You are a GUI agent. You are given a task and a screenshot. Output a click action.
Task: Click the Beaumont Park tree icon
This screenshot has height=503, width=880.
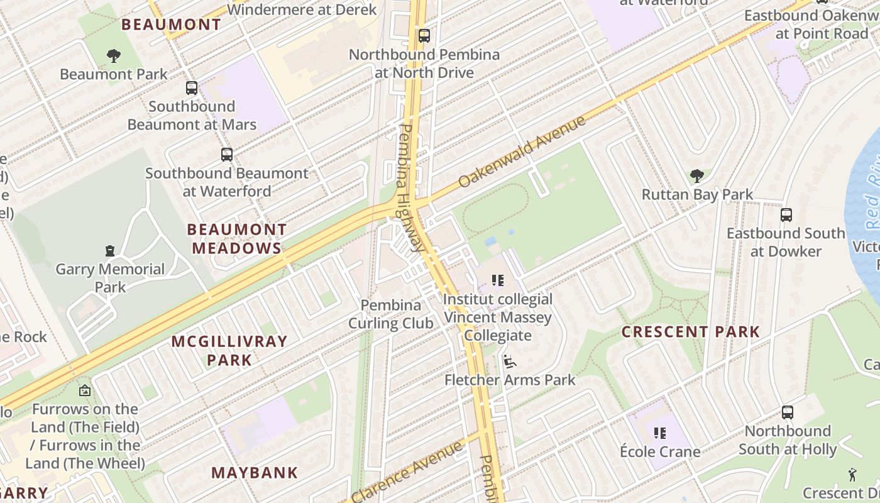click(x=113, y=56)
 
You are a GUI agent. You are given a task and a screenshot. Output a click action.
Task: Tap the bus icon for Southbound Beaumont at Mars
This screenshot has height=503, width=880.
click(x=192, y=88)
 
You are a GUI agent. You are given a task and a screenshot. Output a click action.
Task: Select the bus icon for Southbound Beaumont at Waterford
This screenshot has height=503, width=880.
click(x=227, y=155)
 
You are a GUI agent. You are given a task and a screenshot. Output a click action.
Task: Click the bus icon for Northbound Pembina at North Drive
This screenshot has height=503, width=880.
click(x=424, y=36)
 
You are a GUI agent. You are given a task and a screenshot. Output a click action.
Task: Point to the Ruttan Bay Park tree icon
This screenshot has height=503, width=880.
click(x=696, y=176)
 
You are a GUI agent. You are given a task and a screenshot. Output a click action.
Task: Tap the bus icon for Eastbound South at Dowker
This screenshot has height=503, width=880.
click(x=786, y=215)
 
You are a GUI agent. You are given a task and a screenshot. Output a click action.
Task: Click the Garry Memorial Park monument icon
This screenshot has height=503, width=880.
click(x=110, y=251)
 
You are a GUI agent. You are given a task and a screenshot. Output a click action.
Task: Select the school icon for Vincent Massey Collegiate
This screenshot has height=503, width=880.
click(x=498, y=280)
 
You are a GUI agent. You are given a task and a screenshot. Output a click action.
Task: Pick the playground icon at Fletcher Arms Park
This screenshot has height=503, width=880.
click(x=509, y=362)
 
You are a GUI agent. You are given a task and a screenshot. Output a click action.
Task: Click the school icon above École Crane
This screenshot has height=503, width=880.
click(x=660, y=433)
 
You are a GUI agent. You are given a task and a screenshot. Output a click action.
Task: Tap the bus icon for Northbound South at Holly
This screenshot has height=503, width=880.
click(x=788, y=412)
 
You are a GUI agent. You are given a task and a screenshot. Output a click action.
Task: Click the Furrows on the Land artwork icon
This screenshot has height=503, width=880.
click(x=85, y=390)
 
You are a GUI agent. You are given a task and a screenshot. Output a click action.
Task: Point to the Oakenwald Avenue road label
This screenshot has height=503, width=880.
click(x=522, y=152)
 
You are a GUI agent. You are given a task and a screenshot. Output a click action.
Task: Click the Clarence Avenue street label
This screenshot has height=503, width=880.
click(x=412, y=472)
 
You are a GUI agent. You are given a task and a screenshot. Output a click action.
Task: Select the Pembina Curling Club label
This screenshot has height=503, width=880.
click(x=391, y=314)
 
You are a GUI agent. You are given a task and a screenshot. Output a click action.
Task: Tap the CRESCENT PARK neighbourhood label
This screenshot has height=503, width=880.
click(x=691, y=332)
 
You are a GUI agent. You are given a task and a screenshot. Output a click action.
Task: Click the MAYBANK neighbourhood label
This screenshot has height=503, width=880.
click(x=255, y=473)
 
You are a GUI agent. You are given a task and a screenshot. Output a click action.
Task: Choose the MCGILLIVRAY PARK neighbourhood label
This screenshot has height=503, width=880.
click(x=229, y=351)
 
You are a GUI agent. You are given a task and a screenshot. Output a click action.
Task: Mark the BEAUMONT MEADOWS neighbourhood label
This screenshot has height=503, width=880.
click(x=237, y=239)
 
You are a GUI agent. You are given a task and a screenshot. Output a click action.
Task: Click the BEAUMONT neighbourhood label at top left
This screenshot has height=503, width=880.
click(x=171, y=25)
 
